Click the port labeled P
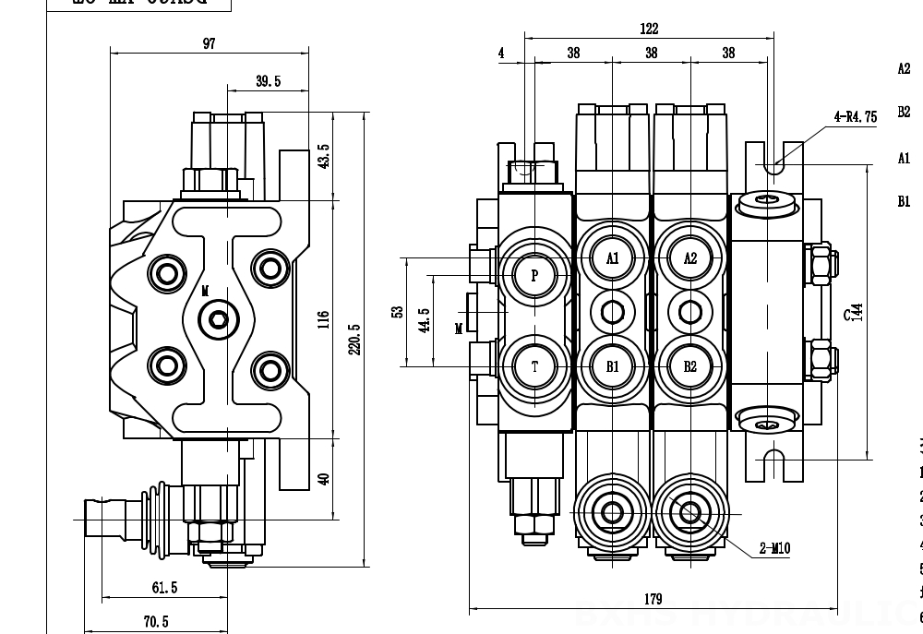(x=534, y=273)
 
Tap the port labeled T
(x=534, y=366)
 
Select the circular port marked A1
(x=613, y=258)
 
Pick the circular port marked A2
(x=690, y=258)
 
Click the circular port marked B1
(x=613, y=366)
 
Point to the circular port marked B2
(x=690, y=366)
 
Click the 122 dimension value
(x=649, y=29)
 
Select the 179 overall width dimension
(x=653, y=599)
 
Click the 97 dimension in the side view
(x=210, y=43)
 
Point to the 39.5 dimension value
(x=268, y=81)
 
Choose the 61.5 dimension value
(x=164, y=588)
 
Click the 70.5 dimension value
(x=155, y=622)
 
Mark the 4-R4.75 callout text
(x=855, y=117)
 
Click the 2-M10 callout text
(x=774, y=549)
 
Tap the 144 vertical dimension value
(x=857, y=313)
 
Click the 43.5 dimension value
(x=323, y=156)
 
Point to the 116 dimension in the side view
(x=323, y=319)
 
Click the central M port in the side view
(x=218, y=319)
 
